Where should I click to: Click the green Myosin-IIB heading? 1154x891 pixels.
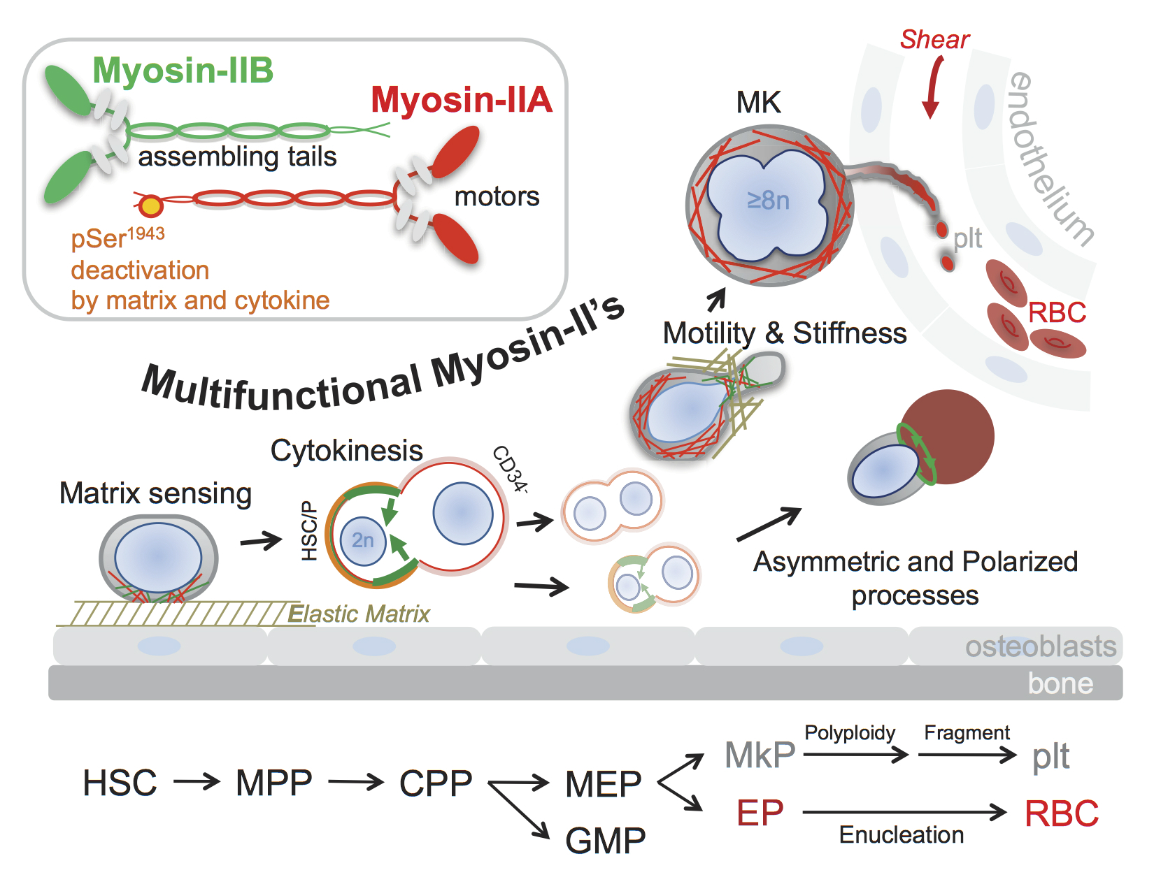pyautogui.click(x=183, y=71)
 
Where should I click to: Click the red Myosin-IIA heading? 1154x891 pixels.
pyautogui.click(x=461, y=100)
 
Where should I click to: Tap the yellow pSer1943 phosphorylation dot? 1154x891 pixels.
pyautogui.click(x=150, y=206)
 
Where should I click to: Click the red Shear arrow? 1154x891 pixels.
pyautogui.click(x=932, y=87)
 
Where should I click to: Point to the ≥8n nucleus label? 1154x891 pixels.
pyautogui.click(x=768, y=201)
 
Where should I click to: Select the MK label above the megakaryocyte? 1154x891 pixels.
pyautogui.click(x=758, y=103)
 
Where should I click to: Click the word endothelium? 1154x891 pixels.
pyautogui.click(x=1049, y=159)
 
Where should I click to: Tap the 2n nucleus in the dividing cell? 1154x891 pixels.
pyautogui.click(x=362, y=540)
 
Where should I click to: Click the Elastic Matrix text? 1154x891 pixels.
pyautogui.click(x=359, y=614)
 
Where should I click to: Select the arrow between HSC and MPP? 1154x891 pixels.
pyautogui.click(x=197, y=781)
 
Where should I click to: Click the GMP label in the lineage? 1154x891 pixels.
pyautogui.click(x=605, y=840)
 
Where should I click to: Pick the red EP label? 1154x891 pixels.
pyautogui.click(x=760, y=813)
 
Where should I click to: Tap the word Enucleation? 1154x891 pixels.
pyautogui.click(x=901, y=834)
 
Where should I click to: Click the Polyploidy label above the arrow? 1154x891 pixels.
pyautogui.click(x=849, y=732)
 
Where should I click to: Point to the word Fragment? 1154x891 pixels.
pyautogui.click(x=967, y=732)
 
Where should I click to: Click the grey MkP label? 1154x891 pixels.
pyautogui.click(x=760, y=755)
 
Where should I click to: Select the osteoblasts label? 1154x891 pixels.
pyautogui.click(x=1040, y=646)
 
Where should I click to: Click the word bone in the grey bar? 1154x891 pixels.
pyautogui.click(x=1060, y=683)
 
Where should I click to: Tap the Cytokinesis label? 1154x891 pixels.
pyautogui.click(x=346, y=451)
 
